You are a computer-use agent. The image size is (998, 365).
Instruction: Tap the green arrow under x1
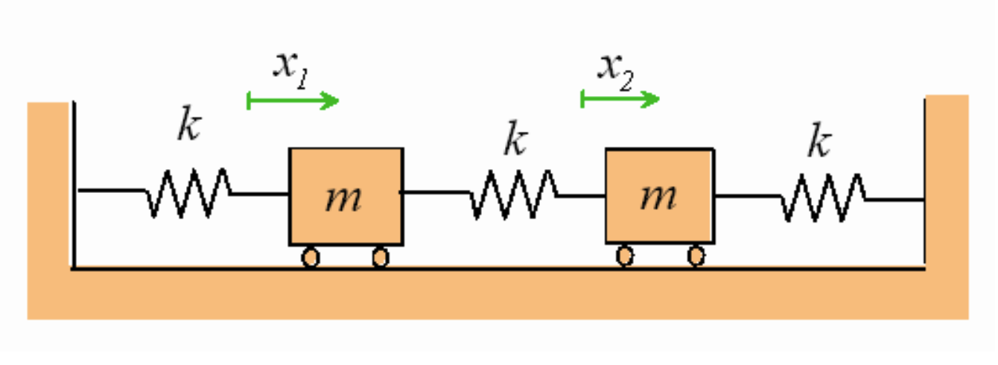click(x=293, y=101)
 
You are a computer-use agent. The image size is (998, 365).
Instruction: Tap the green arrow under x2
click(x=620, y=98)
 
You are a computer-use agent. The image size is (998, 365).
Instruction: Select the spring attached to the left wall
click(x=188, y=193)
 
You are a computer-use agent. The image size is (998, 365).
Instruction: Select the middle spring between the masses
click(x=513, y=194)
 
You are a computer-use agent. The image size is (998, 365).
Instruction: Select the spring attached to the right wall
click(x=822, y=197)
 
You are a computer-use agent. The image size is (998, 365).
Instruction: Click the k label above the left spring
click(x=189, y=127)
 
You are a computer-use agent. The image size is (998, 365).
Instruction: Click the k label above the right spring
click(x=819, y=143)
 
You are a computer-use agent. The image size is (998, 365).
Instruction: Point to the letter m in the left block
click(x=344, y=198)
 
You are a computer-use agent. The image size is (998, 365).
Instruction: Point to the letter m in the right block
click(x=659, y=197)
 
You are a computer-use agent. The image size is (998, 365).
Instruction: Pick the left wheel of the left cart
click(x=311, y=258)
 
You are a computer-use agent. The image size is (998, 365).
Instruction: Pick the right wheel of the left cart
click(x=381, y=258)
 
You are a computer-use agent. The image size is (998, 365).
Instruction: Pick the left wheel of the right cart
click(x=626, y=256)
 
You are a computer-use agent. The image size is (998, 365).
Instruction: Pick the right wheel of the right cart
click(x=696, y=256)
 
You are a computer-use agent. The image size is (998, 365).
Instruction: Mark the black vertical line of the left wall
click(x=74, y=186)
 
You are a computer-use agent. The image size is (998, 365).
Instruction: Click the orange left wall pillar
click(x=49, y=186)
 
